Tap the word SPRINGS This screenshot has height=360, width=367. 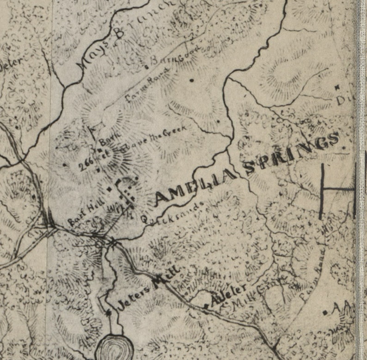pyautogui.click(x=294, y=152)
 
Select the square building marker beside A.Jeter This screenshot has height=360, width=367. pyautogui.click(x=205, y=306)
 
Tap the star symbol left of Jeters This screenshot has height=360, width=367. pyautogui.click(x=109, y=313)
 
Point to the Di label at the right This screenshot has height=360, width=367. pyautogui.click(x=345, y=99)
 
